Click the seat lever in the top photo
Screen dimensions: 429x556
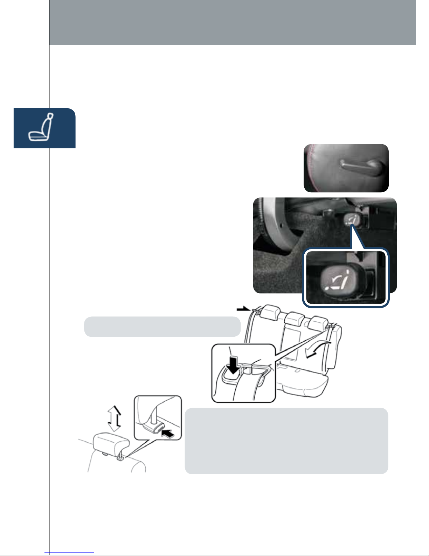(358, 166)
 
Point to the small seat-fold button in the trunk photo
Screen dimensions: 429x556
(352, 220)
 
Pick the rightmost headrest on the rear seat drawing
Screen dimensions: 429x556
(319, 322)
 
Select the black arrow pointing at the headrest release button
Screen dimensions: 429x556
(168, 434)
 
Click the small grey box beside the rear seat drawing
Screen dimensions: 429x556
(162, 327)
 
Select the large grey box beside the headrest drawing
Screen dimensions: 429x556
(286, 441)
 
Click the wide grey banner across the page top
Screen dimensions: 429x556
(233, 22)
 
